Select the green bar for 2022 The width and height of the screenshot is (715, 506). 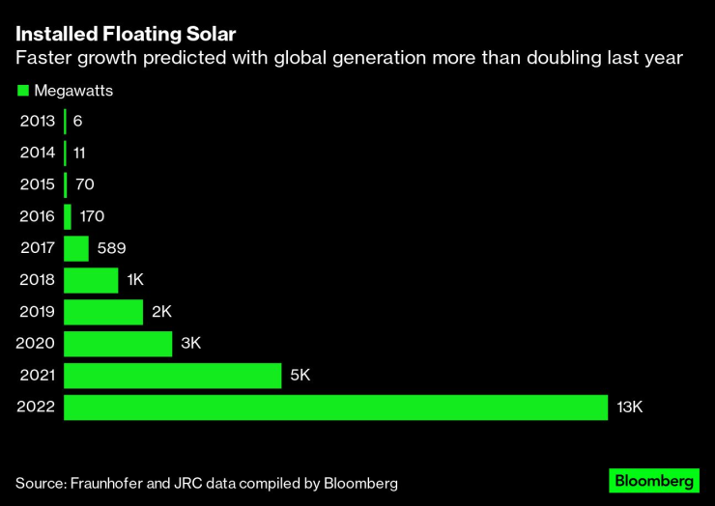(x=335, y=408)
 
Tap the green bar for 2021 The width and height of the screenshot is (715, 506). (x=172, y=376)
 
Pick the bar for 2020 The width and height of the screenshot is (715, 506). (x=118, y=344)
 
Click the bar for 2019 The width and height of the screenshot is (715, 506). (x=103, y=312)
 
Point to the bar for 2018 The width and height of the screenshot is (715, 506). (x=91, y=280)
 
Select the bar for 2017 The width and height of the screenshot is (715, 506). (x=76, y=248)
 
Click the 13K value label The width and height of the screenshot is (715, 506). (x=629, y=408)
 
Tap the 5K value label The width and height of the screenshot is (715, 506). (x=301, y=376)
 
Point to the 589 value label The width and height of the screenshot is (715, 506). (x=111, y=248)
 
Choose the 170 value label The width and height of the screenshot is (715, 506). (x=92, y=216)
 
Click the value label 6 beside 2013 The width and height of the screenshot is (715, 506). (x=77, y=121)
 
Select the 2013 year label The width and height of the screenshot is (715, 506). (x=37, y=121)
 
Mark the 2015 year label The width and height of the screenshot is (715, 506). (x=37, y=184)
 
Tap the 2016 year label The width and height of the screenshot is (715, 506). (x=37, y=216)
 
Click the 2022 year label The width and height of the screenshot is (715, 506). (x=37, y=408)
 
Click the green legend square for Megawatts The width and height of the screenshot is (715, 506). (x=22, y=91)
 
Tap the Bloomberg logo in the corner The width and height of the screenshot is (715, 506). (x=653, y=480)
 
